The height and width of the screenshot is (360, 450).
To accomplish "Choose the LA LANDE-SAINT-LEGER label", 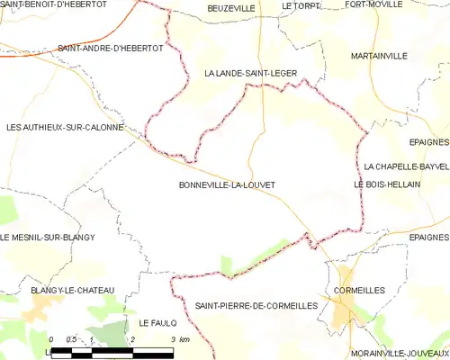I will pyautogui.click(x=250, y=74).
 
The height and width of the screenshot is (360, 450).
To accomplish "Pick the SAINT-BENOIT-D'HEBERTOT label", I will pyautogui.click(x=54, y=5).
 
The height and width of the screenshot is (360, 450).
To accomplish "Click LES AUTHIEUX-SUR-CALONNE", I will pyautogui.click(x=65, y=128).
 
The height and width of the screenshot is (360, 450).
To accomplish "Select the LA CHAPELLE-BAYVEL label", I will pyautogui.click(x=406, y=166).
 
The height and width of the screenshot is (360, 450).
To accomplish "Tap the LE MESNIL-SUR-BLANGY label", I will pyautogui.click(x=48, y=237).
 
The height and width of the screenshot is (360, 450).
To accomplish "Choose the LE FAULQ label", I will pyautogui.click(x=156, y=322).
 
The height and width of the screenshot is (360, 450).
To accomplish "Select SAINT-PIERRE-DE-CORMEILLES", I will pyautogui.click(x=256, y=306).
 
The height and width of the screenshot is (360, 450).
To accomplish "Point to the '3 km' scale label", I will pyautogui.click(x=179, y=339).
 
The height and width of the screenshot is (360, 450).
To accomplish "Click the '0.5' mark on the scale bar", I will pyautogui.click(x=72, y=339).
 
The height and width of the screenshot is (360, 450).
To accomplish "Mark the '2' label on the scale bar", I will pyautogui.click(x=132, y=339).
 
